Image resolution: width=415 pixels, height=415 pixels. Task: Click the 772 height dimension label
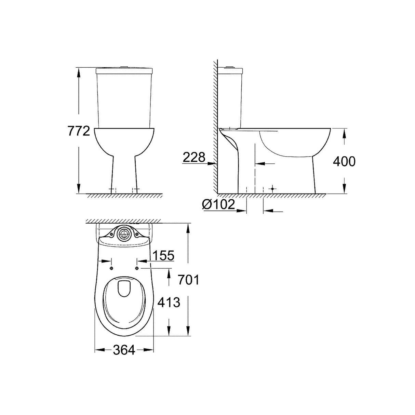(x=79, y=131)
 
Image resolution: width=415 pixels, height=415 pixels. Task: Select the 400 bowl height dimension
(x=344, y=161)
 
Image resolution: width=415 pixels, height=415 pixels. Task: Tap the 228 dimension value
(x=194, y=157)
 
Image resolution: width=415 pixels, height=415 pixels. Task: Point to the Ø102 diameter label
(x=218, y=204)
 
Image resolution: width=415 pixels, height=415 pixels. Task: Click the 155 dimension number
(x=163, y=255)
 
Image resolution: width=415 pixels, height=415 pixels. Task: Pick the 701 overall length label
(x=188, y=280)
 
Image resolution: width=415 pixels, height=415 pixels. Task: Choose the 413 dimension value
(x=169, y=302)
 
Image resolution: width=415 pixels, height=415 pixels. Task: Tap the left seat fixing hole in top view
(x=111, y=269)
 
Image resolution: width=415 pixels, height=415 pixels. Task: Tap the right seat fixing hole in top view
(x=137, y=269)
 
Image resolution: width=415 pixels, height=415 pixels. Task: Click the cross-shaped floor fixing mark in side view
(x=272, y=189)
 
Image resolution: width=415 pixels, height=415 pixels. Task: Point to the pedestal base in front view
(x=124, y=178)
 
